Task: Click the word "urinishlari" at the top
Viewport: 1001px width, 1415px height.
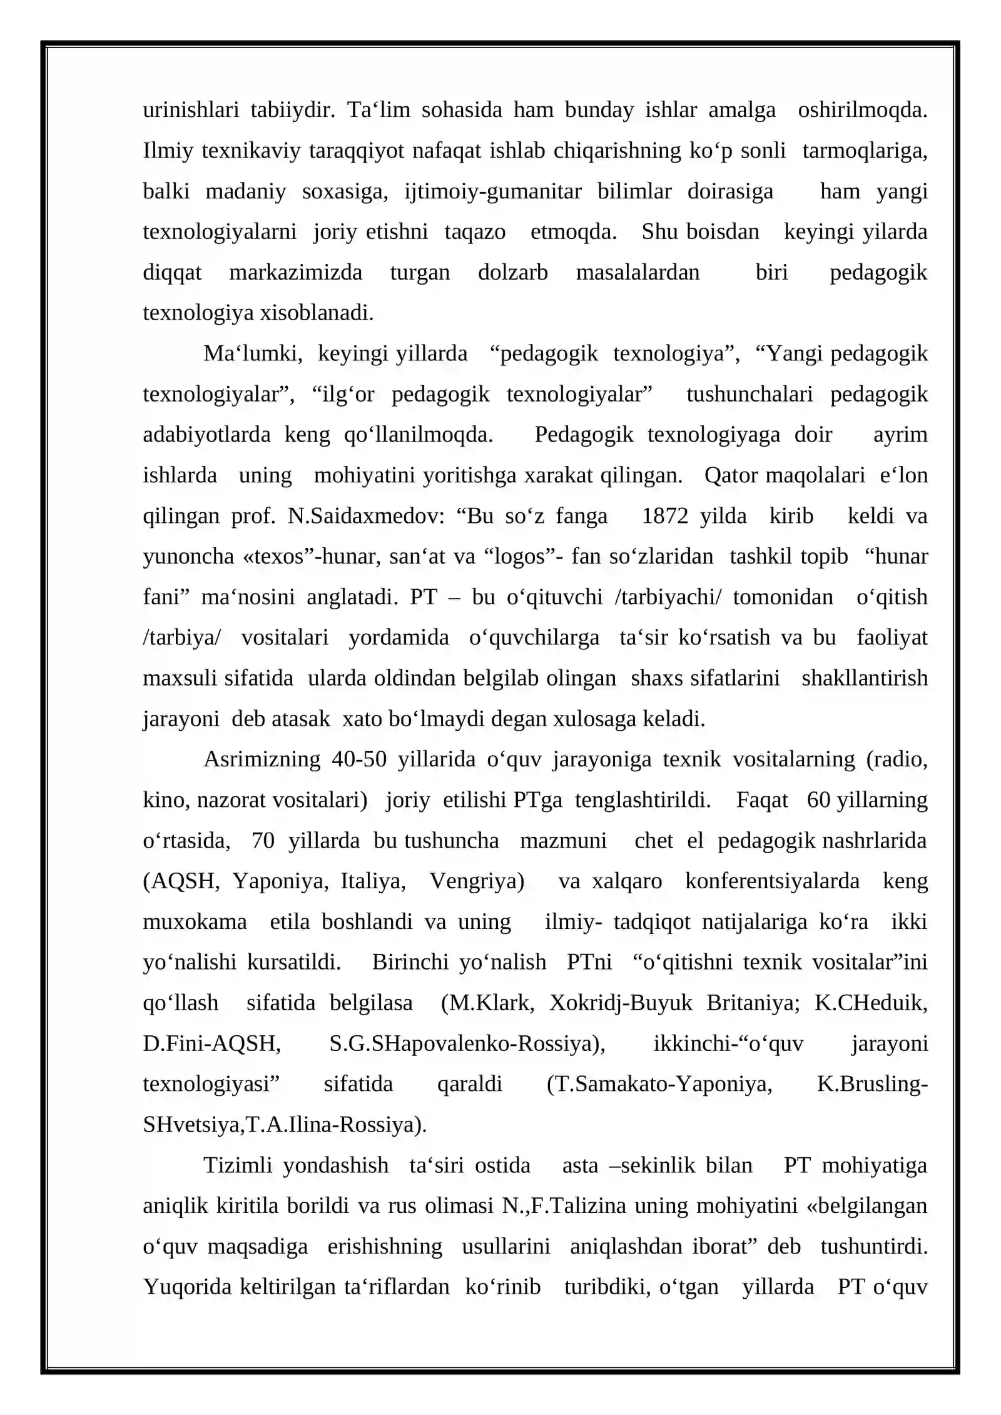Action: [191, 111]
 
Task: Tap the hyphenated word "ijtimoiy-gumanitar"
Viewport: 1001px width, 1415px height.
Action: [493, 191]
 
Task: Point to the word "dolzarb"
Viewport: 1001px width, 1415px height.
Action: [512, 273]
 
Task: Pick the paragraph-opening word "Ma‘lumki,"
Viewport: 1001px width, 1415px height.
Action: [253, 354]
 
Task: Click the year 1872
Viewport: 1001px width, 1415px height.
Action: [664, 516]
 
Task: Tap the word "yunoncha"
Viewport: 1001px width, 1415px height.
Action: [188, 557]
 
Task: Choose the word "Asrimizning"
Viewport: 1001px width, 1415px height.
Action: [262, 759]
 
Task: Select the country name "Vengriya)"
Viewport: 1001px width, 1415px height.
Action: [477, 881]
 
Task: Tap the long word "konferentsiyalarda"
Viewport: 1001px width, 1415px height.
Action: [772, 881]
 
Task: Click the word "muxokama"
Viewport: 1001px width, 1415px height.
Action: [195, 922]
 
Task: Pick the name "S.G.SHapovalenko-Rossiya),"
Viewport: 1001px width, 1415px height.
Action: [467, 1043]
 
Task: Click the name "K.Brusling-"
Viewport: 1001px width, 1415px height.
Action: [872, 1084]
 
